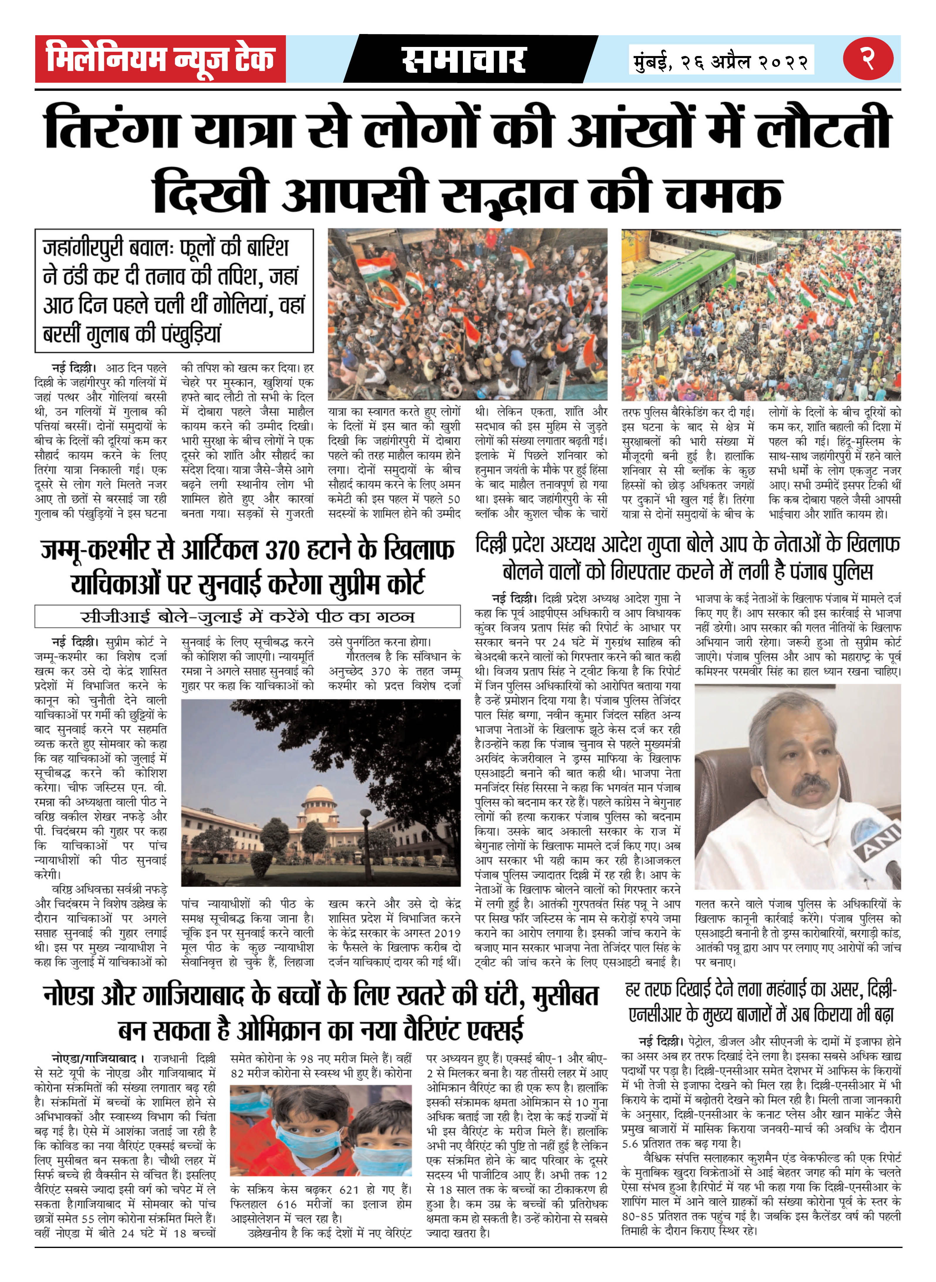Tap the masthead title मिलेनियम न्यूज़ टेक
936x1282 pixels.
(160, 59)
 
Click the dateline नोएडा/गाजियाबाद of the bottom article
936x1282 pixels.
(94, 1058)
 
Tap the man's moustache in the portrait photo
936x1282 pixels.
(810, 784)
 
